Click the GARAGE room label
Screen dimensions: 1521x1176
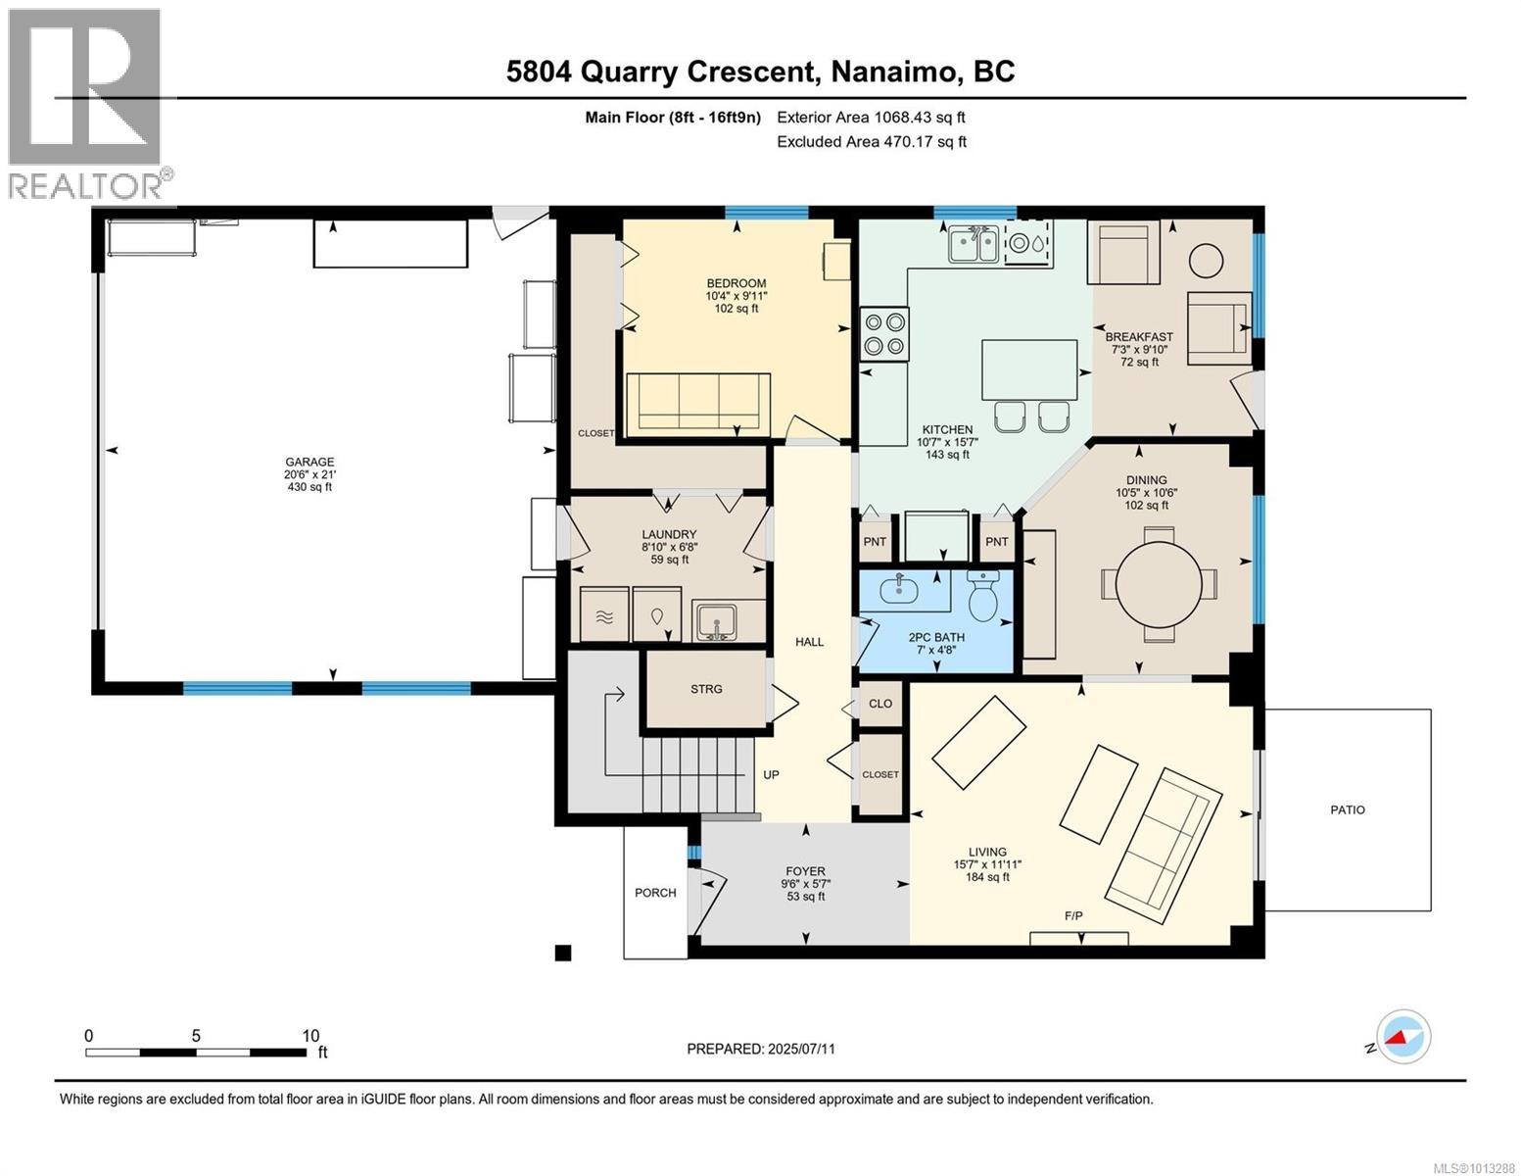pos(309,462)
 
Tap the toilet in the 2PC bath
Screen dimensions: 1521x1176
pos(984,596)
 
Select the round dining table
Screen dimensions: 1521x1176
pos(1159,584)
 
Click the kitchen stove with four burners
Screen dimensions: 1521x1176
pos(884,334)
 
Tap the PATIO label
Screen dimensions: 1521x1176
pos(1348,809)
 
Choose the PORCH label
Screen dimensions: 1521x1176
pos(655,893)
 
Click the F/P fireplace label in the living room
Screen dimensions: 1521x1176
pos(1073,915)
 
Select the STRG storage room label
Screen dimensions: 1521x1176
pos(706,689)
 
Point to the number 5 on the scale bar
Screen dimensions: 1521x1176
pos(196,1036)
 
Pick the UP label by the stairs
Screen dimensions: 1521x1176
pos(771,775)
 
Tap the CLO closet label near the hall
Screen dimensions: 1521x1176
pos(879,704)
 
